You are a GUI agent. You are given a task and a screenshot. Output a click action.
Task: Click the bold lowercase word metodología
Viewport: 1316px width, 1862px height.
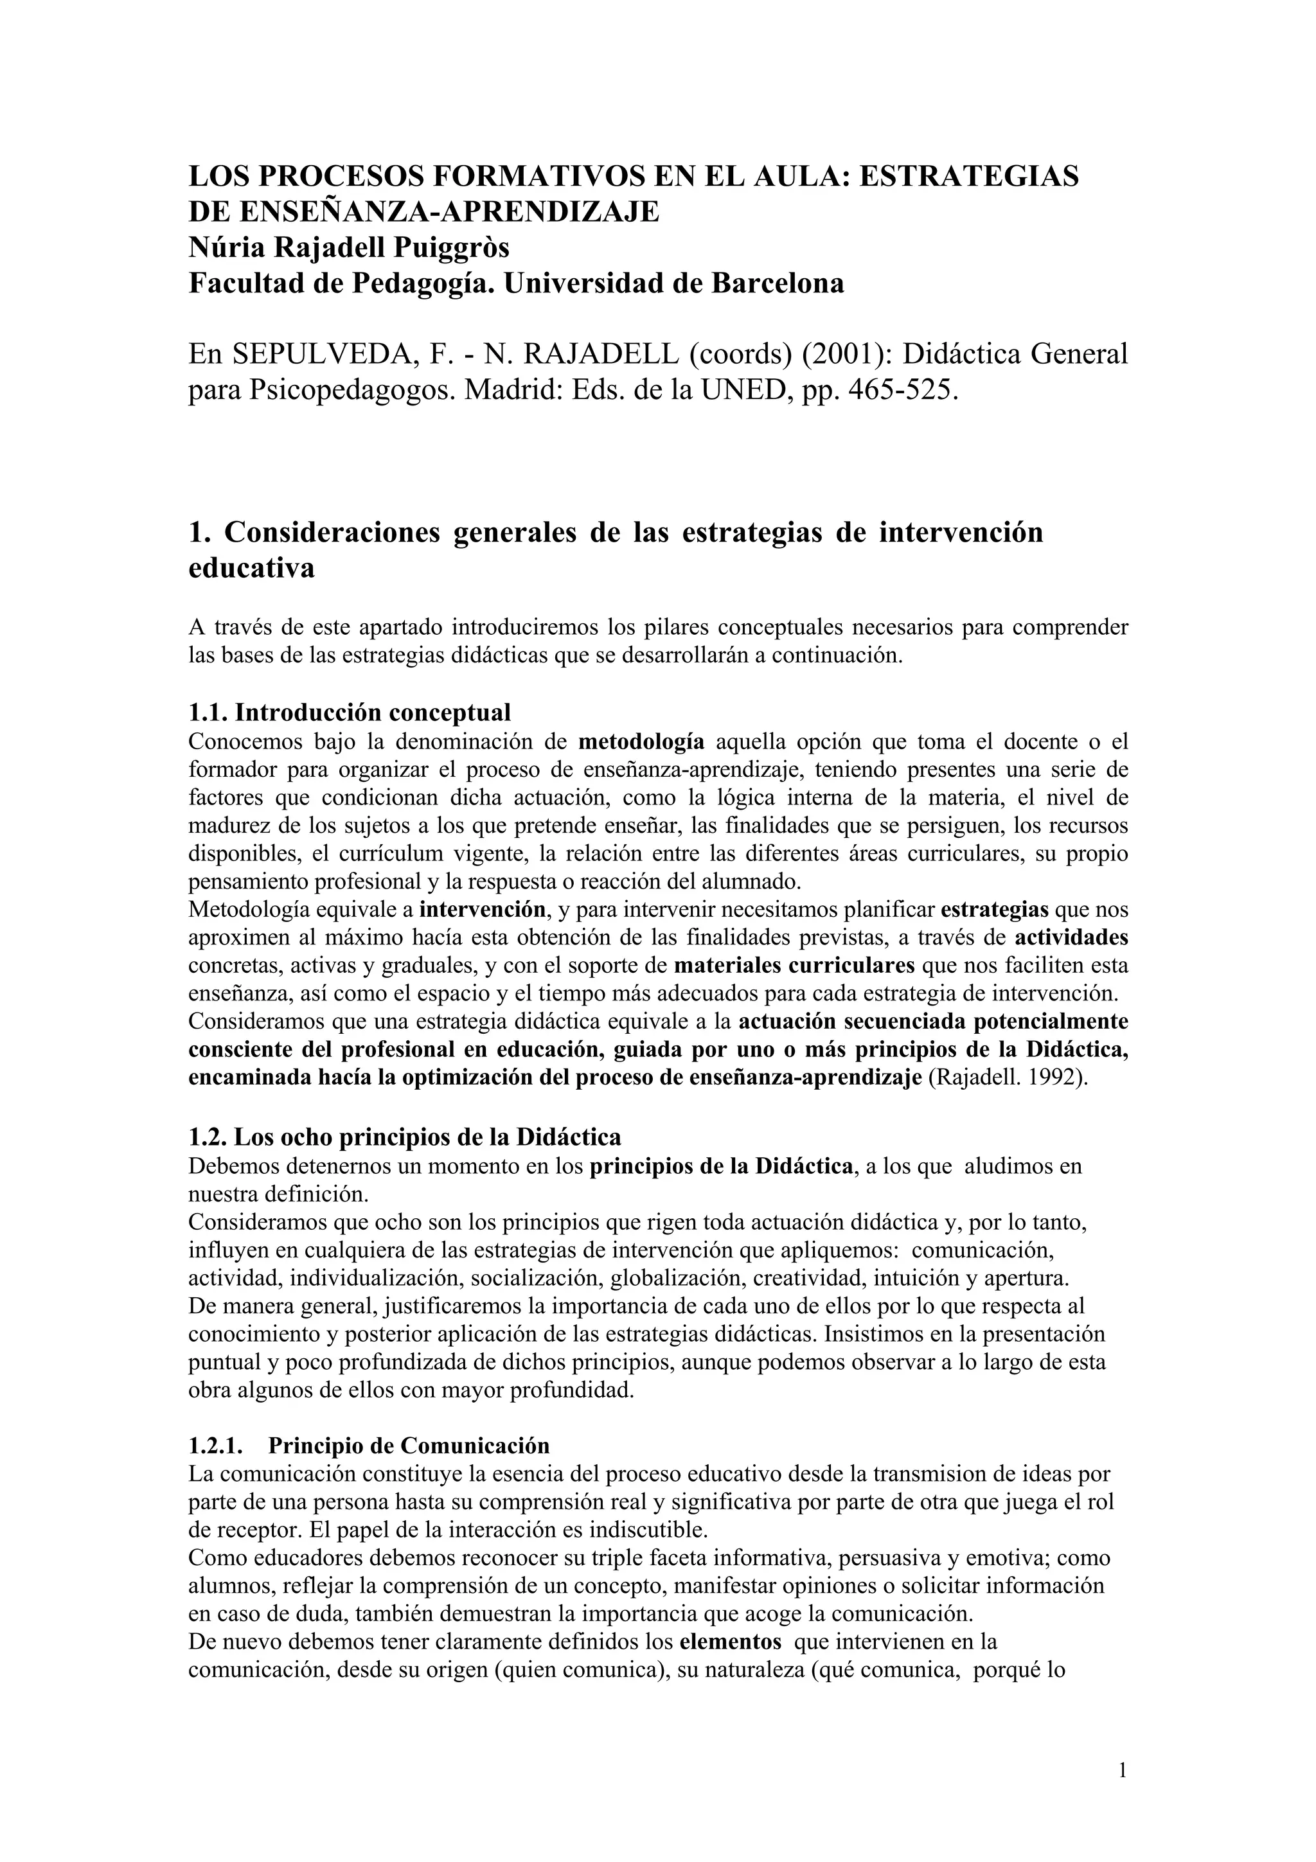[x=641, y=741]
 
